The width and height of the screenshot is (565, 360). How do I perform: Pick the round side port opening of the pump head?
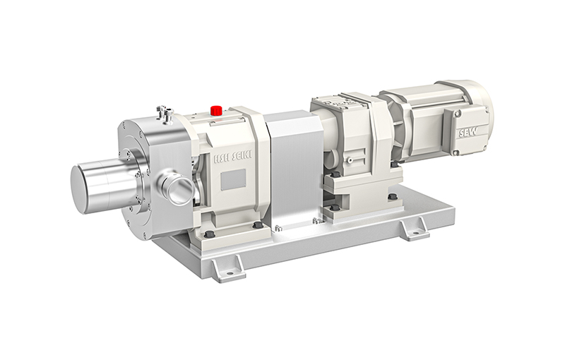click(x=179, y=190)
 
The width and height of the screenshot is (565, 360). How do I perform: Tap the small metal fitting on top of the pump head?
click(x=164, y=111)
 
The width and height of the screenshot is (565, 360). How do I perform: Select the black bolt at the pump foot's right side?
click(x=257, y=224)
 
